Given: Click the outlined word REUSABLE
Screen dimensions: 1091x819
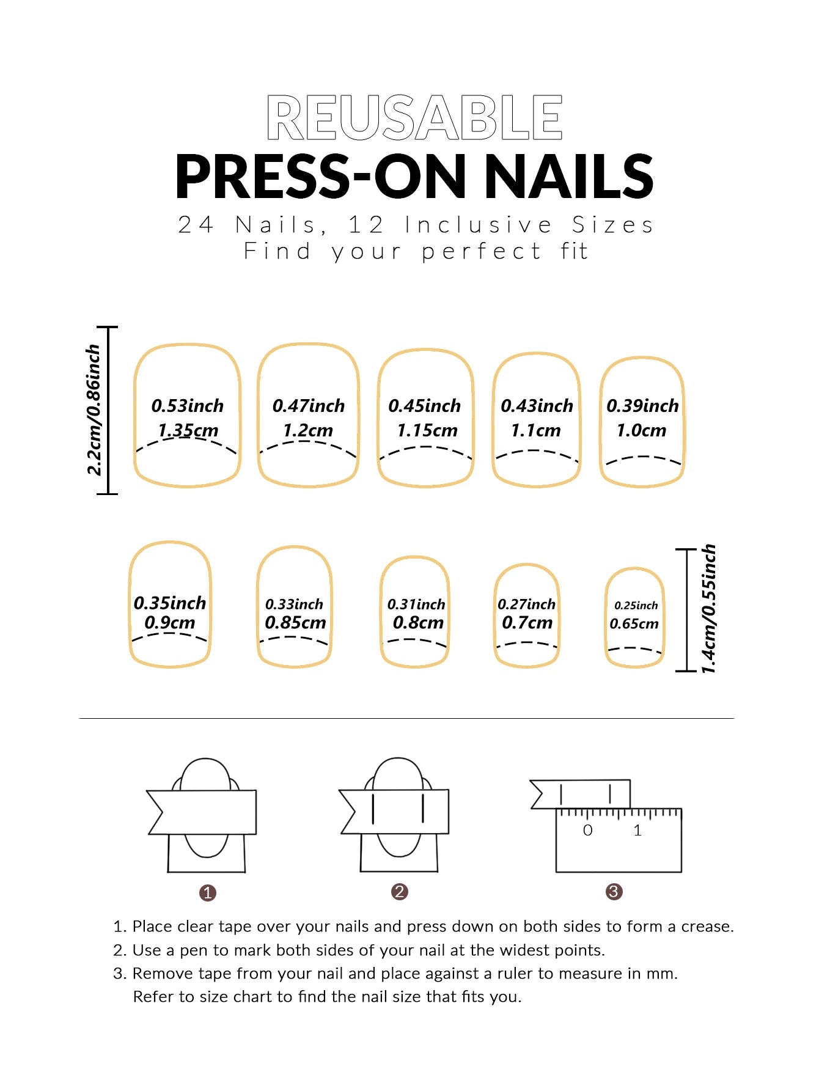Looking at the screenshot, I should tap(414, 117).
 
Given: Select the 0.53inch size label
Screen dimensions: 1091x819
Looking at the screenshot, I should tap(188, 406).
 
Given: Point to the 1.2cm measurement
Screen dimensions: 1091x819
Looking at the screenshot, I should tap(308, 430).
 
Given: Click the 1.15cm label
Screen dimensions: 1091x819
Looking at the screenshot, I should tap(427, 430).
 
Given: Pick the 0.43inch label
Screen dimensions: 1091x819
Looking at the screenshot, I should tap(537, 406).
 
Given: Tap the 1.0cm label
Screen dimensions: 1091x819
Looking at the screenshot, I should tap(641, 430).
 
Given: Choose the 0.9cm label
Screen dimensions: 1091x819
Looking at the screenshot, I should tap(170, 623).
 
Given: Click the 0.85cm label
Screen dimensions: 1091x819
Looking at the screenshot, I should tap(295, 623).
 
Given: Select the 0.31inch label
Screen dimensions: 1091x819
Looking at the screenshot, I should tap(416, 604).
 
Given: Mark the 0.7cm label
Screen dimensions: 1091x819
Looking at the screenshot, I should tap(527, 623).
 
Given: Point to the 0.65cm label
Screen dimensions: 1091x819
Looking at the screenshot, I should tap(634, 624).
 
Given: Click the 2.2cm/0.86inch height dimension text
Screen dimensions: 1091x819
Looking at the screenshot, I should tap(94, 410).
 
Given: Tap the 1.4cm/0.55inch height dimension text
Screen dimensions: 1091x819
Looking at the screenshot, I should tap(708, 609).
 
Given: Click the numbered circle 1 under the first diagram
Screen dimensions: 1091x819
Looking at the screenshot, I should tap(208, 893).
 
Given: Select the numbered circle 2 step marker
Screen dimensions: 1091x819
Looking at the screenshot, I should tap(400, 892).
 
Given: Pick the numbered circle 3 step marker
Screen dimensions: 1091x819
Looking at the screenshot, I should tap(614, 892).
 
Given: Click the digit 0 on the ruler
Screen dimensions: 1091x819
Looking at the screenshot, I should tap(587, 830).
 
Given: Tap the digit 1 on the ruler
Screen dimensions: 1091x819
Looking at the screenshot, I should tap(637, 830).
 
